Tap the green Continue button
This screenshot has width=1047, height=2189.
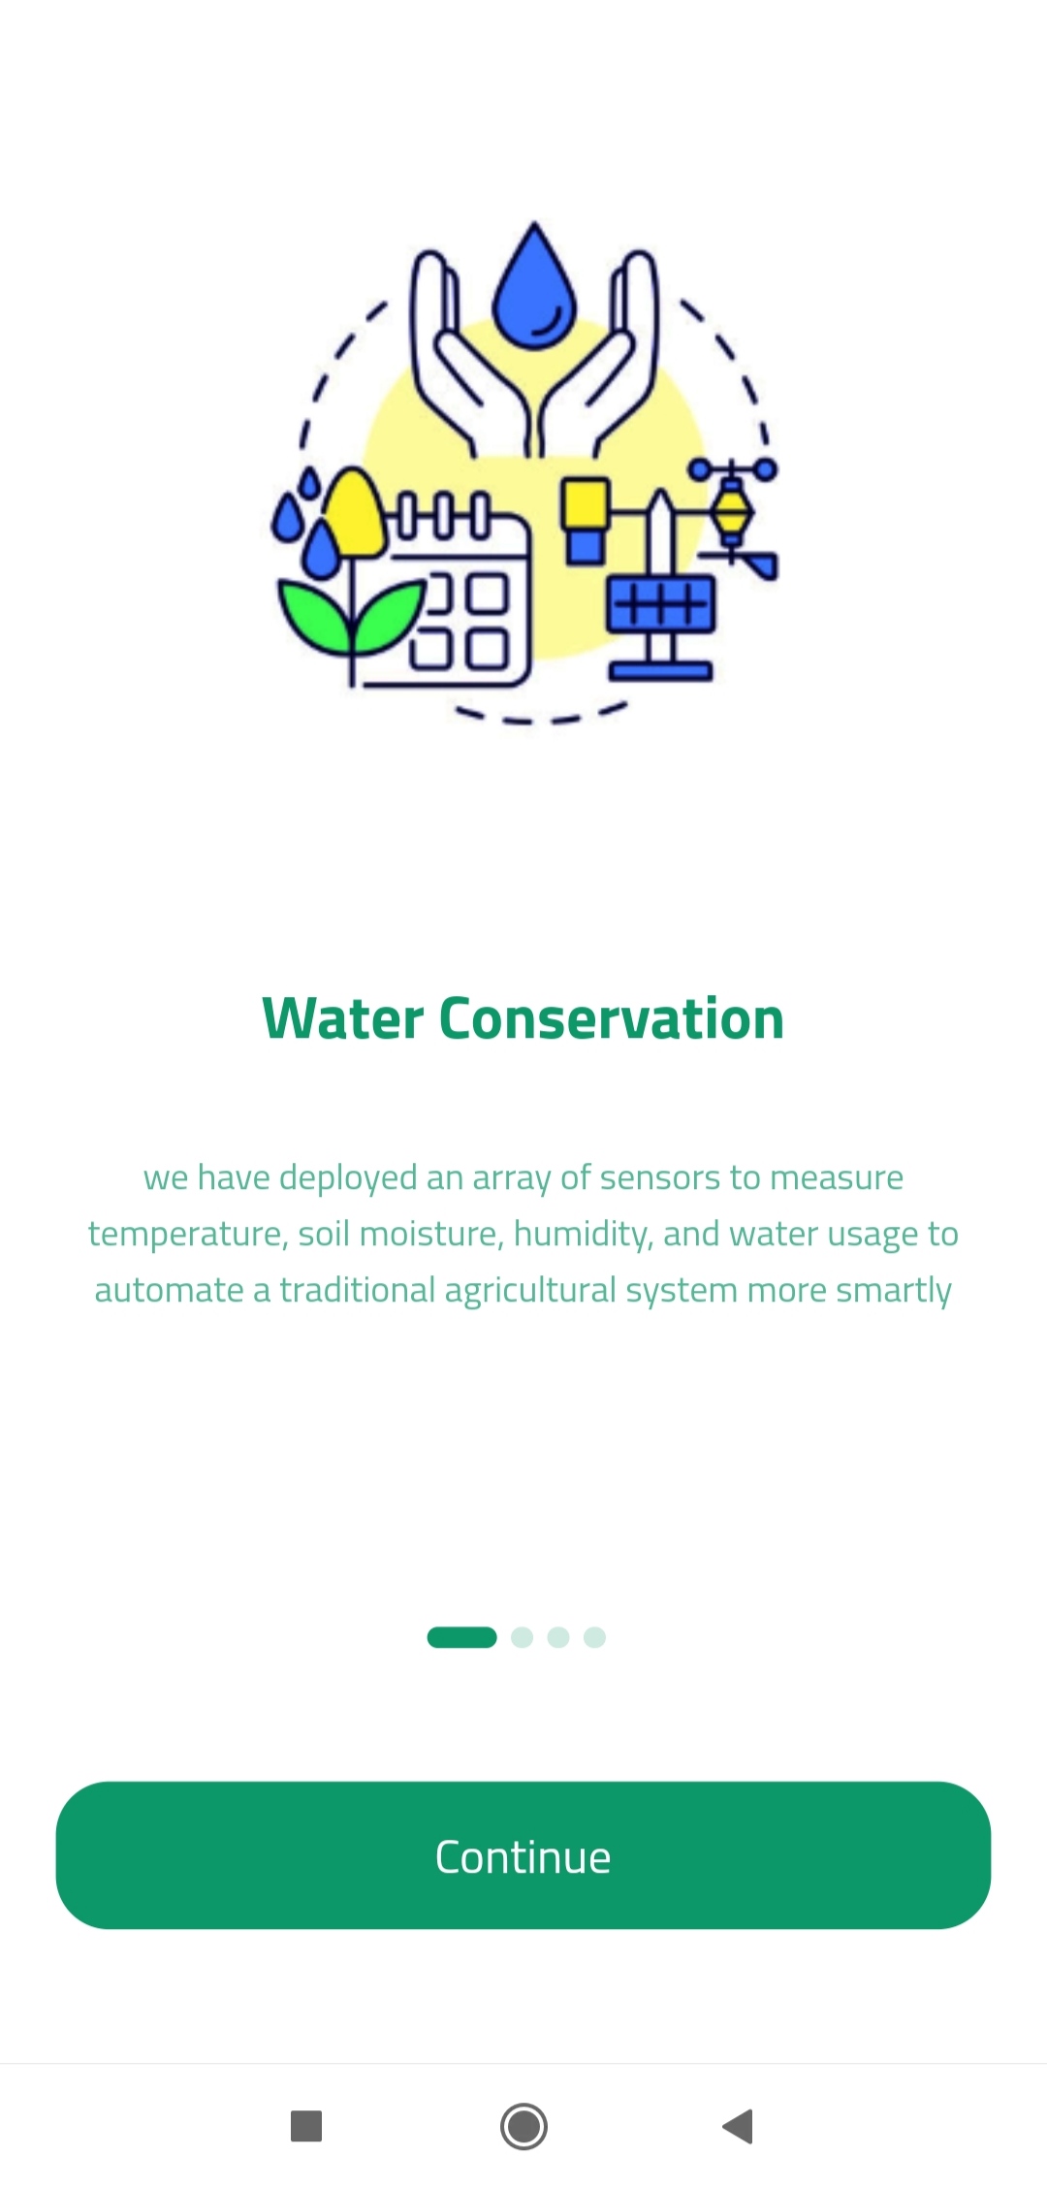523,1855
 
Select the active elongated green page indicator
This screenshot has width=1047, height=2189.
461,1637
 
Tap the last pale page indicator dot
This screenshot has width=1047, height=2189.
594,1637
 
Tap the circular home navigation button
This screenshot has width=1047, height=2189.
523,2126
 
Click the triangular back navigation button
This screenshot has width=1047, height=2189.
739,2126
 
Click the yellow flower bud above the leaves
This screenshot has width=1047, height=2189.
356,512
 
